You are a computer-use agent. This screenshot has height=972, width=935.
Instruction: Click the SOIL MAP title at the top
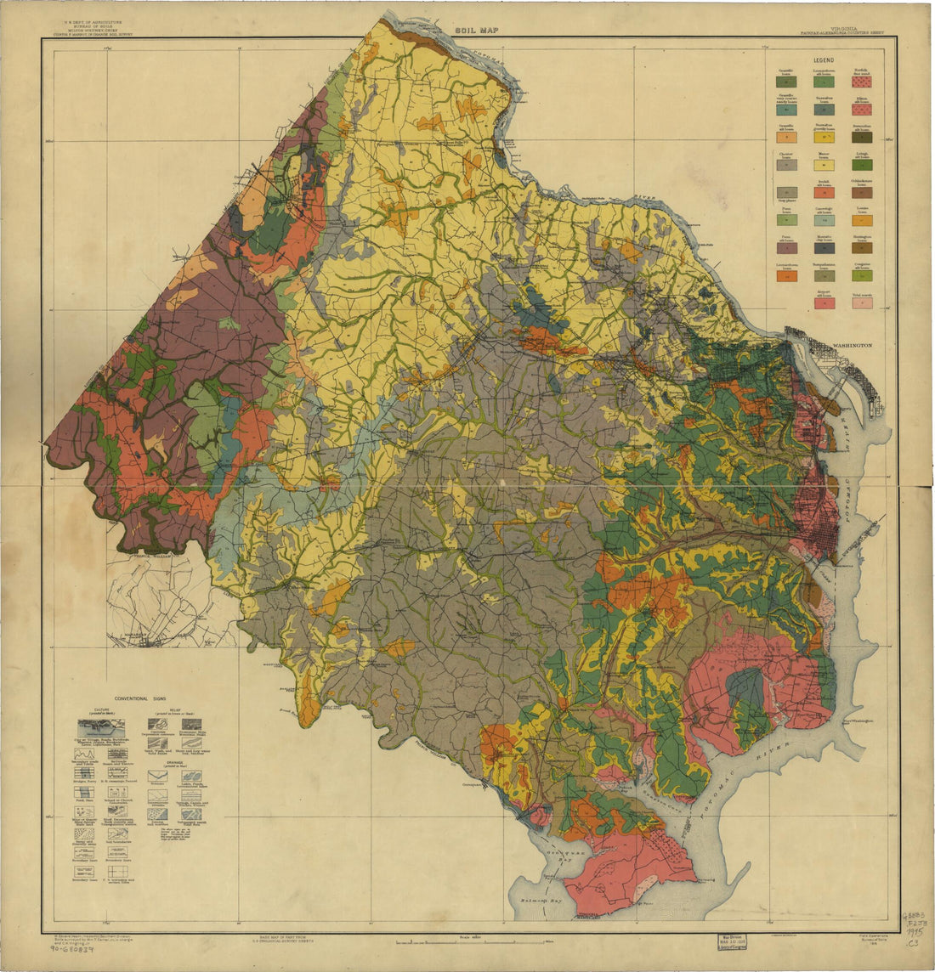coord(475,30)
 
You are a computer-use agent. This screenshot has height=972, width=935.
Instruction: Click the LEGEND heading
coord(822,62)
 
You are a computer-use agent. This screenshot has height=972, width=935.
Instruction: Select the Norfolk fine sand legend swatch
coord(861,83)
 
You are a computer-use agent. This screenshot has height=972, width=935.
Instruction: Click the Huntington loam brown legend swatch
coord(861,248)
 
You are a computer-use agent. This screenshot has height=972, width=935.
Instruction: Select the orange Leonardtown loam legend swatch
coord(783,275)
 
